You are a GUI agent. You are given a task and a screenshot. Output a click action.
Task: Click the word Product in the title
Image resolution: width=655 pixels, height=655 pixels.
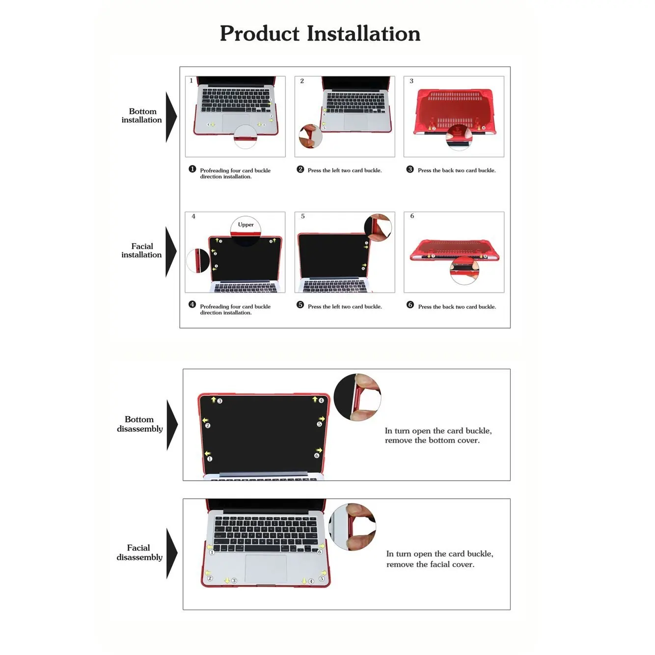(259, 34)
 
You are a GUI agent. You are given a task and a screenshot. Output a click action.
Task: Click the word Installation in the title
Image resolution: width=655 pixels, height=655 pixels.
(364, 34)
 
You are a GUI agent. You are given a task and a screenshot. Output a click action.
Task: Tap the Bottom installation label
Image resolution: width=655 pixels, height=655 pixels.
(142, 115)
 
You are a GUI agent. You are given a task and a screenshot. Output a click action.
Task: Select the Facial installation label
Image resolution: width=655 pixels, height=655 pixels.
(141, 250)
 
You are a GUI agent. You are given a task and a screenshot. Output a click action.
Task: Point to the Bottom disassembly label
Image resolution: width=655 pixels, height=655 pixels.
(140, 424)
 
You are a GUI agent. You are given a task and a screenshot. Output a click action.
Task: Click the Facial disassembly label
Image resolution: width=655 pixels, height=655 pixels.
(139, 552)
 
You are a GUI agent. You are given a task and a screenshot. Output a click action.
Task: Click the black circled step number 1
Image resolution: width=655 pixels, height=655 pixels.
(192, 169)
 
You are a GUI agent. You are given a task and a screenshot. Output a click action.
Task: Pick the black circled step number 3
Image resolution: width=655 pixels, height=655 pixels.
(410, 169)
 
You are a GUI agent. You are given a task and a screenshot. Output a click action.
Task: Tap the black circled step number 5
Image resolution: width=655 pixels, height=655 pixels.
(300, 305)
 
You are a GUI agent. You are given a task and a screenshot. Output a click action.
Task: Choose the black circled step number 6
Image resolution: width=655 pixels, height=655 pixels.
(410, 305)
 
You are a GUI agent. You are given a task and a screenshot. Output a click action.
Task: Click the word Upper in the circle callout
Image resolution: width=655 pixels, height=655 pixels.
(246, 225)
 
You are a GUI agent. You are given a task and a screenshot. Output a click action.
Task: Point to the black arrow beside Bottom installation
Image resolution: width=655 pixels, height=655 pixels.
(170, 117)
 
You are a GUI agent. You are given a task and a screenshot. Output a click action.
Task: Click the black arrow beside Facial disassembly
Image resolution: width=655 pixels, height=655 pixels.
(171, 553)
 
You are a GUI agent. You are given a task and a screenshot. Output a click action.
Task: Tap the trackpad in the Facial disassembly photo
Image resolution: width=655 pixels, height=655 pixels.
(266, 569)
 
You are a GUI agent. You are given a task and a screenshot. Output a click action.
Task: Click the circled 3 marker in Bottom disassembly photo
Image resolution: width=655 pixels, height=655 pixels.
(219, 401)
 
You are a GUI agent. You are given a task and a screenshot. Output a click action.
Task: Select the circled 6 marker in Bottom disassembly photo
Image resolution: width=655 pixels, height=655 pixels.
(317, 456)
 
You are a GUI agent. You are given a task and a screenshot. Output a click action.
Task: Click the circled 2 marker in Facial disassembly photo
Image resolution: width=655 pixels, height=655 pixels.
(210, 578)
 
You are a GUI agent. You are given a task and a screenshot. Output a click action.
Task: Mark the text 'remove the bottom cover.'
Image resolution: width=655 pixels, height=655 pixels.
(432, 440)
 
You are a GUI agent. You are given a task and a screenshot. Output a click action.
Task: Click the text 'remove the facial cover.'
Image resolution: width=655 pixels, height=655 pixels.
(430, 565)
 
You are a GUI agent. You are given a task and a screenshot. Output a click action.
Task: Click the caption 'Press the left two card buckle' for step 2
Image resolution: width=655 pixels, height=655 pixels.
(344, 170)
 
